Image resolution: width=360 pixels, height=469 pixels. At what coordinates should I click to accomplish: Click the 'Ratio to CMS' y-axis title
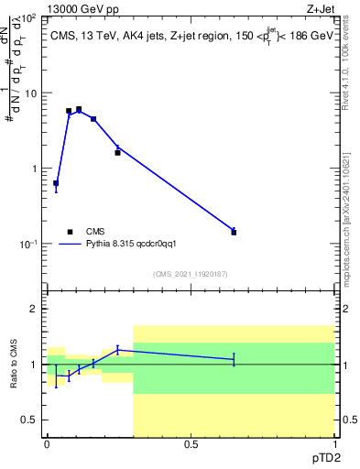(x=14, y=365)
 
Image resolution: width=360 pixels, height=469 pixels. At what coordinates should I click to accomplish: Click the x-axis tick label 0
(x=47, y=444)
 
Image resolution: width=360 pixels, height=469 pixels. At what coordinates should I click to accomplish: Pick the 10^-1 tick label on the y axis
(x=28, y=244)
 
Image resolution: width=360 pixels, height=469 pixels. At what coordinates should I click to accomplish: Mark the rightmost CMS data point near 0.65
(x=234, y=232)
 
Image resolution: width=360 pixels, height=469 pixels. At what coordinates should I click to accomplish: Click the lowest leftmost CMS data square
(x=56, y=183)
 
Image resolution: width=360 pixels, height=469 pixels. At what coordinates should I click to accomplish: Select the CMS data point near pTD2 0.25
(x=117, y=152)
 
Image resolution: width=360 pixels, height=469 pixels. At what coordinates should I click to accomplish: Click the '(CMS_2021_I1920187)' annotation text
(x=189, y=273)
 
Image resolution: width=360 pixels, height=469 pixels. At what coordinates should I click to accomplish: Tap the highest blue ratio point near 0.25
(x=117, y=349)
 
